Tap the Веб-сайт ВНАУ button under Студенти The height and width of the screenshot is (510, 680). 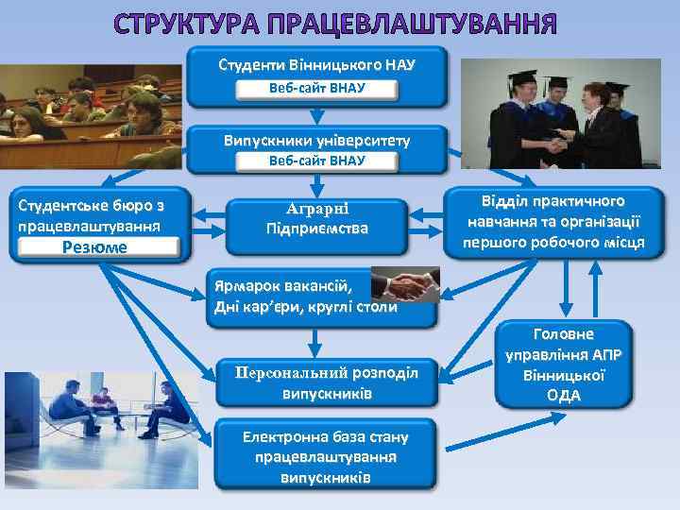click(x=316, y=89)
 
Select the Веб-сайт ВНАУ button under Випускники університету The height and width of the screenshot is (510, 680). click(x=316, y=161)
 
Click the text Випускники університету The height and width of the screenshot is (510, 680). click(x=316, y=140)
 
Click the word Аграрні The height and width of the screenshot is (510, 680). click(x=316, y=210)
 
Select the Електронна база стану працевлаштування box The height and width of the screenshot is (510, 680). click(x=326, y=457)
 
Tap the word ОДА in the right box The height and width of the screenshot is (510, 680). click(x=563, y=396)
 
